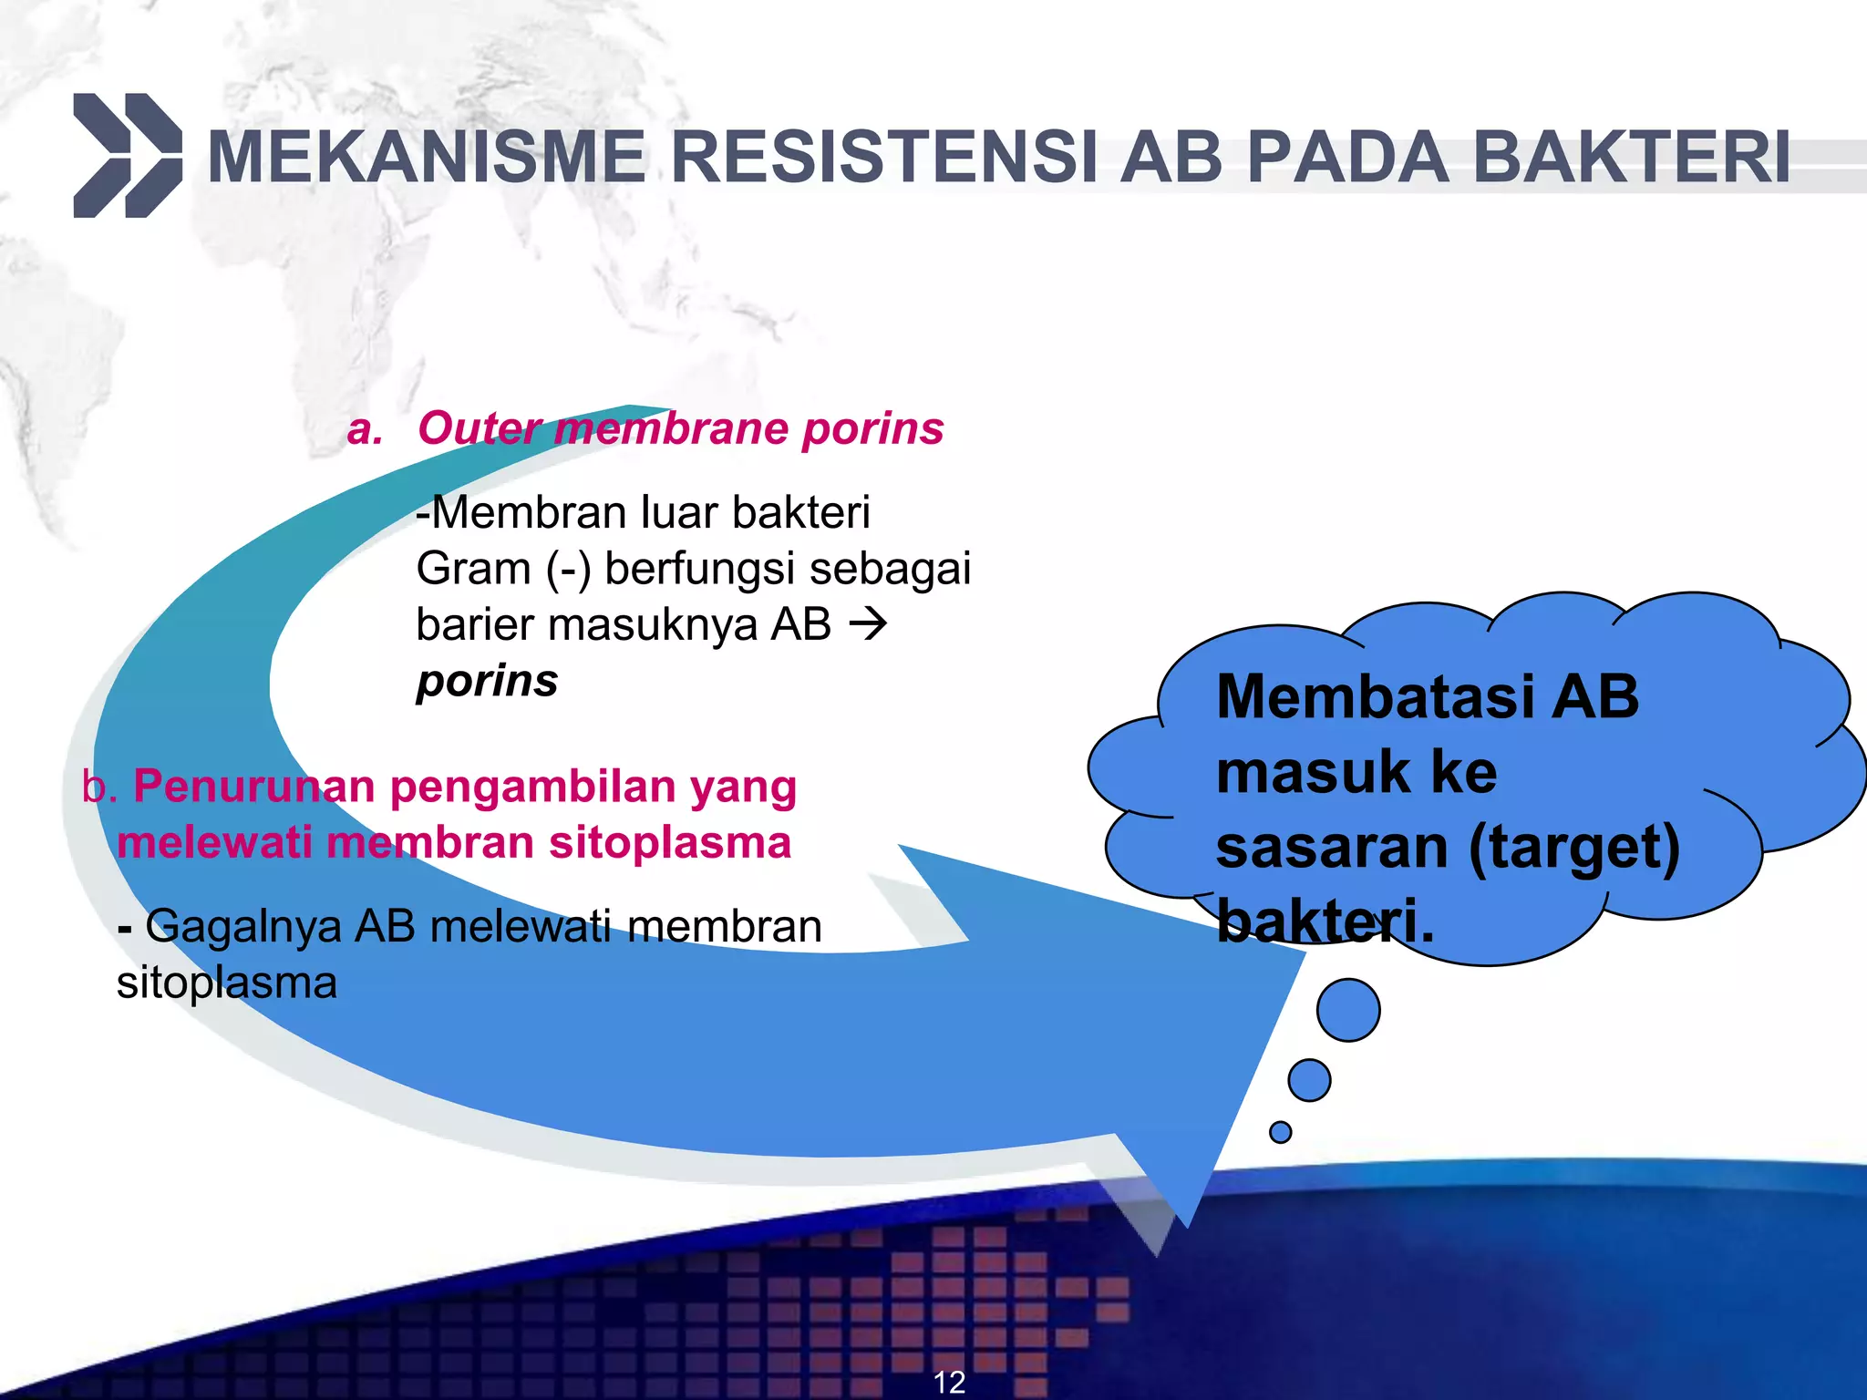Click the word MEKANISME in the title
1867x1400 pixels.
tap(427, 158)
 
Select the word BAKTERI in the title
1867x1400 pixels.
tap(1631, 158)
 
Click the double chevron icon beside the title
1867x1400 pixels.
tap(128, 156)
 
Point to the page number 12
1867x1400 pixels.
tap(949, 1382)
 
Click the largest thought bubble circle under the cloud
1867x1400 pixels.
tap(1348, 1010)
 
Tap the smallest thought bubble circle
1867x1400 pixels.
tap(1280, 1132)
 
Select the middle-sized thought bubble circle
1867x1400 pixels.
tap(1310, 1080)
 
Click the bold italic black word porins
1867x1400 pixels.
tap(487, 681)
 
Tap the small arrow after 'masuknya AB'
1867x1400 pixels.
tap(867, 625)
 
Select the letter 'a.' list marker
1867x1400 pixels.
tap(365, 429)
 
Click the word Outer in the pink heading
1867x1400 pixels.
tap(478, 428)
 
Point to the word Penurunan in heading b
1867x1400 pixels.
tap(253, 787)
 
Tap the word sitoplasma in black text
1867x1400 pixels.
tap(227, 983)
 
